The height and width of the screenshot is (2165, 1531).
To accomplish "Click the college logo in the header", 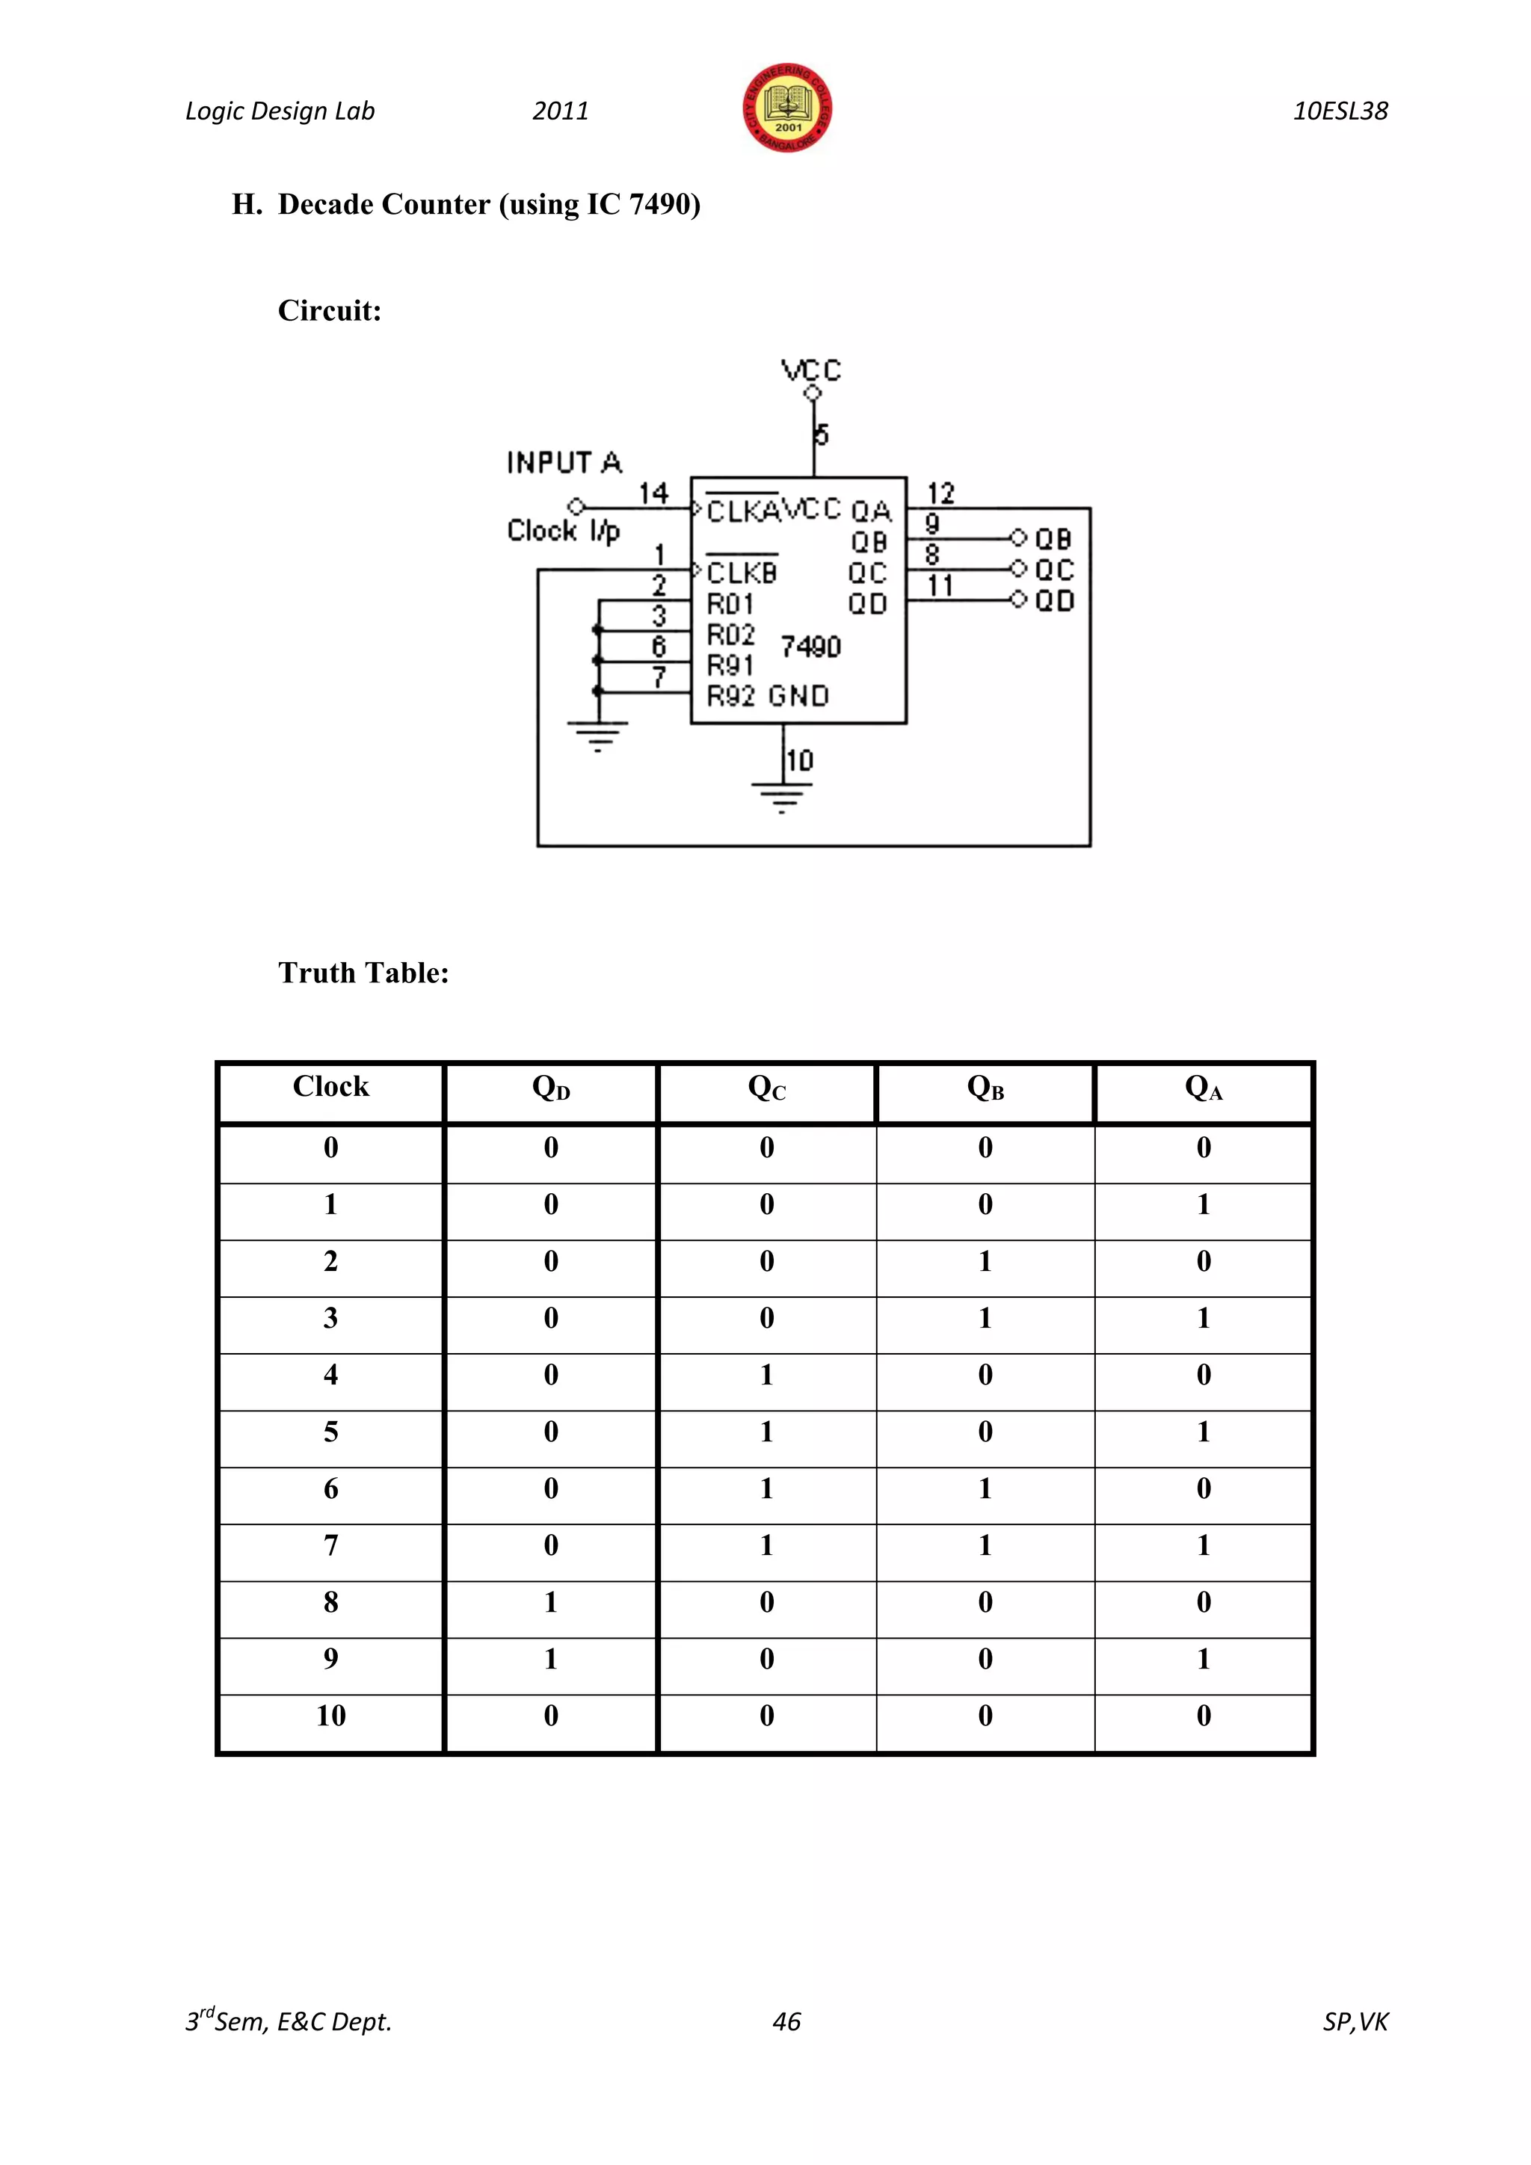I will (x=787, y=108).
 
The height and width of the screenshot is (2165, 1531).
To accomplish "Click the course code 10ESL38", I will (x=1340, y=111).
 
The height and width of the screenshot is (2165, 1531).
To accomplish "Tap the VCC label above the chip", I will (x=811, y=369).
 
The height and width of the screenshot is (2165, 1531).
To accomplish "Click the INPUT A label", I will (x=564, y=463).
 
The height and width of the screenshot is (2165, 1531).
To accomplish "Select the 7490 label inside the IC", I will (x=811, y=647).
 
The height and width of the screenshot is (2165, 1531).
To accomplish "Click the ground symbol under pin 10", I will (x=781, y=798).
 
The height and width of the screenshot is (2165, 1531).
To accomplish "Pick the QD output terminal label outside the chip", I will (x=1054, y=600).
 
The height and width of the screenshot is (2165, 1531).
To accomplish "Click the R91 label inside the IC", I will (x=730, y=665).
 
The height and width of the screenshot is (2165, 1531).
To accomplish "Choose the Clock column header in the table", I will (x=331, y=1086).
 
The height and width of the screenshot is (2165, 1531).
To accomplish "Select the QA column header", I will (x=1204, y=1088).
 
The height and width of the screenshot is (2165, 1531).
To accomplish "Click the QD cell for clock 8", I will (x=550, y=1602).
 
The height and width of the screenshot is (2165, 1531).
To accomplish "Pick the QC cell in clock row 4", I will (x=766, y=1375).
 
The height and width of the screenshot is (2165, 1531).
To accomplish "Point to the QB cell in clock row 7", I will (x=985, y=1545).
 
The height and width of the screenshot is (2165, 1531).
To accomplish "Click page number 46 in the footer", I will (x=786, y=2021).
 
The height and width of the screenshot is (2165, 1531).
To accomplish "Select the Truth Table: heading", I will (x=363, y=973).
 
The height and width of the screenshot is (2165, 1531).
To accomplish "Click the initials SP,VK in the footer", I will (x=1355, y=2021).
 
